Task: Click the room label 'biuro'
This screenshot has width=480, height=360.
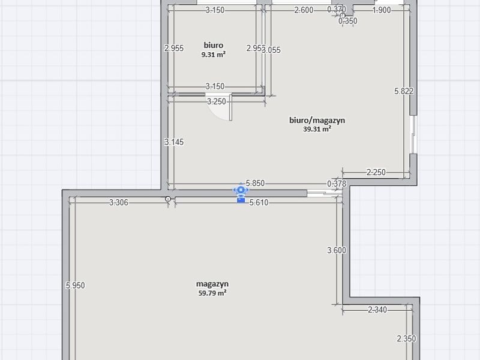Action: point(214,46)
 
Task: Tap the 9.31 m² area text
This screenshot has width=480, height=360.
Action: point(214,55)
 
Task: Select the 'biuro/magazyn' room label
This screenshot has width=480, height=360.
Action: point(317,120)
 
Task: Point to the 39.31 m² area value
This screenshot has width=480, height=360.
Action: point(317,129)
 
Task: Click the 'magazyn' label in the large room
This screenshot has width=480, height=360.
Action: point(212,284)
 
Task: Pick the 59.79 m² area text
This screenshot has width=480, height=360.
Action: point(212,293)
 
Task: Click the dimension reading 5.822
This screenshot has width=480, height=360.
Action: point(404,91)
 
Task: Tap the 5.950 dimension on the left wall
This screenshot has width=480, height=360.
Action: point(76,286)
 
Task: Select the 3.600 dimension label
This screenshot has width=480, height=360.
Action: point(337,250)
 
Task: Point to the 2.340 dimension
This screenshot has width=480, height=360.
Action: point(377,310)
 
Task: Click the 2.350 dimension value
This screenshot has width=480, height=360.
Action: point(406,338)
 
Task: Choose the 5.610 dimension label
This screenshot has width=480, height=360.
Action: point(259,202)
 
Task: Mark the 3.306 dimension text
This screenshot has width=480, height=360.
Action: point(119,202)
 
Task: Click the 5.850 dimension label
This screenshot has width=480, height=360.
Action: point(255,183)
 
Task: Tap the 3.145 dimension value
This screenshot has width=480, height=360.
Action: point(174,142)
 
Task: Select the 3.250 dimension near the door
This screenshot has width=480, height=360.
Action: point(217,101)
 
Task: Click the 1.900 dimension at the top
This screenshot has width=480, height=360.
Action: point(382,10)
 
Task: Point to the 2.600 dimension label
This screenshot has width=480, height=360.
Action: point(304,10)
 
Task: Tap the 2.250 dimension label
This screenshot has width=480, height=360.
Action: point(376,172)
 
